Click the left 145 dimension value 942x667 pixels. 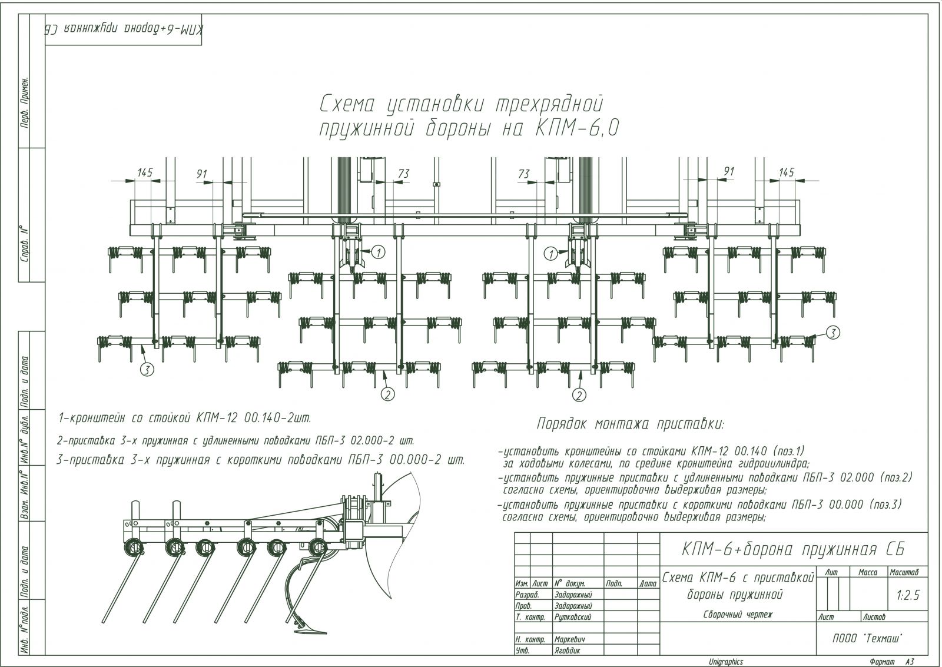tap(145, 172)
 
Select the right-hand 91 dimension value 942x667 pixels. tap(729, 171)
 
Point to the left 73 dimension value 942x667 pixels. tap(403, 174)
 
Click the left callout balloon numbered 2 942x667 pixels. tap(387, 394)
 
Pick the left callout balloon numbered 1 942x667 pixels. tap(379, 253)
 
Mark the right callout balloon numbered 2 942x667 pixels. tap(580, 394)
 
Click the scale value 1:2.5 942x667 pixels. tap(907, 595)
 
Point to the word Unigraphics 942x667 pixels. tap(726, 662)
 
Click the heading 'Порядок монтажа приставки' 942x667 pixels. tap(631, 424)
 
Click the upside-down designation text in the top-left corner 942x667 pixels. tap(124, 31)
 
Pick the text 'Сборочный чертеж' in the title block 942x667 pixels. tap(737, 615)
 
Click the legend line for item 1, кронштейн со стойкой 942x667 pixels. tap(184, 419)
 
